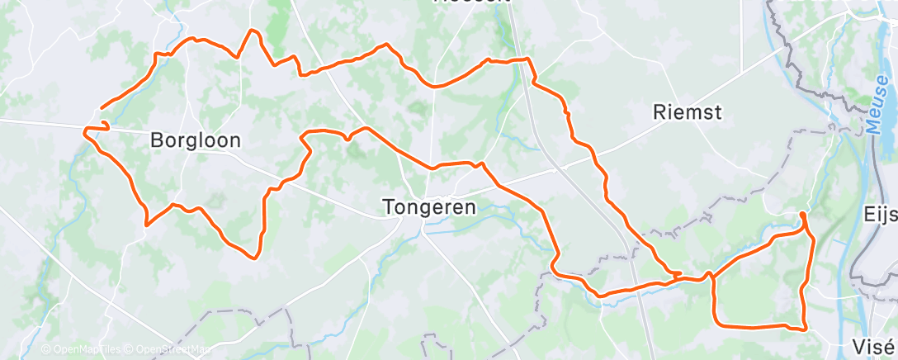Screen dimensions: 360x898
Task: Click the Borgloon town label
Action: click(196, 140)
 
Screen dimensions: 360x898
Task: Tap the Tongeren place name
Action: click(429, 207)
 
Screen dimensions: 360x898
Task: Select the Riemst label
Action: click(687, 112)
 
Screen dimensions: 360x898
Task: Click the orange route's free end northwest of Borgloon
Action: click(101, 107)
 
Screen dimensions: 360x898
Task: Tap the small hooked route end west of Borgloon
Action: click(105, 124)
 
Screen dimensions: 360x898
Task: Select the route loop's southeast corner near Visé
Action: click(805, 329)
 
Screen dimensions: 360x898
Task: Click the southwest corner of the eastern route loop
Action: click(715, 323)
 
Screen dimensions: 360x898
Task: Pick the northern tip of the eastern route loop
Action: click(803, 214)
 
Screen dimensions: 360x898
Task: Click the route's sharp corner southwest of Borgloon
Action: click(147, 224)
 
